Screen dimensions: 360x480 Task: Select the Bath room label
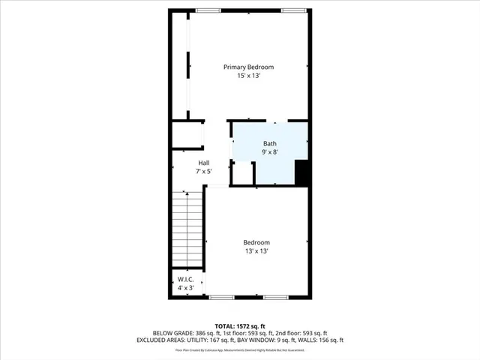click(x=269, y=143)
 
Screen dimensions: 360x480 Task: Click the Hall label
click(x=203, y=163)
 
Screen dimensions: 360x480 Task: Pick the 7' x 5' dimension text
click(x=203, y=172)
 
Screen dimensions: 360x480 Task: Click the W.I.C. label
click(x=186, y=280)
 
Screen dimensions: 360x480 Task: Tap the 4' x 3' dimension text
click(x=186, y=288)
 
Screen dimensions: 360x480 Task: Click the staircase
click(x=187, y=229)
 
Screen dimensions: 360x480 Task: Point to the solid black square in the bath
click(x=302, y=173)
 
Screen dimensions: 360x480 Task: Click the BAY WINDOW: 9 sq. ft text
click(x=282, y=340)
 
